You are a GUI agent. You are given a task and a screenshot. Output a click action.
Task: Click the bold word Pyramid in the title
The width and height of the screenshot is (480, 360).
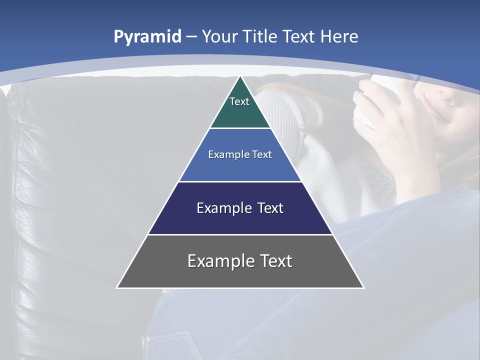pos(147,37)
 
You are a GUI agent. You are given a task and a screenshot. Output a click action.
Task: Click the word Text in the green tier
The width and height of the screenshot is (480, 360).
pos(239,101)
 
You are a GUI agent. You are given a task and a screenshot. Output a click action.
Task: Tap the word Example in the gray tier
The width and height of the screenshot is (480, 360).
pos(218,261)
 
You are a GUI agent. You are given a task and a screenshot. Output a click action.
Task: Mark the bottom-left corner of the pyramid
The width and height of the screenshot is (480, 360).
pos(117,287)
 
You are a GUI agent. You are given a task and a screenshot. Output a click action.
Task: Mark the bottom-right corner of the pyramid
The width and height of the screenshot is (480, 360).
pos(363,287)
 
